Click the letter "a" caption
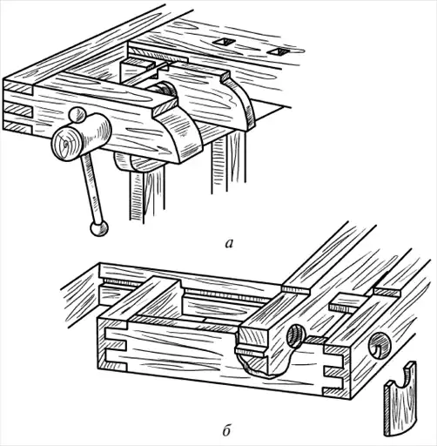229,244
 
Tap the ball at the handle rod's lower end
99,228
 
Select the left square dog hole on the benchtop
223,42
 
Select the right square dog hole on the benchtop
277,51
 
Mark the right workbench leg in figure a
228,163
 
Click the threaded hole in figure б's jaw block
296,335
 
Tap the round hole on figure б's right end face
380,346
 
